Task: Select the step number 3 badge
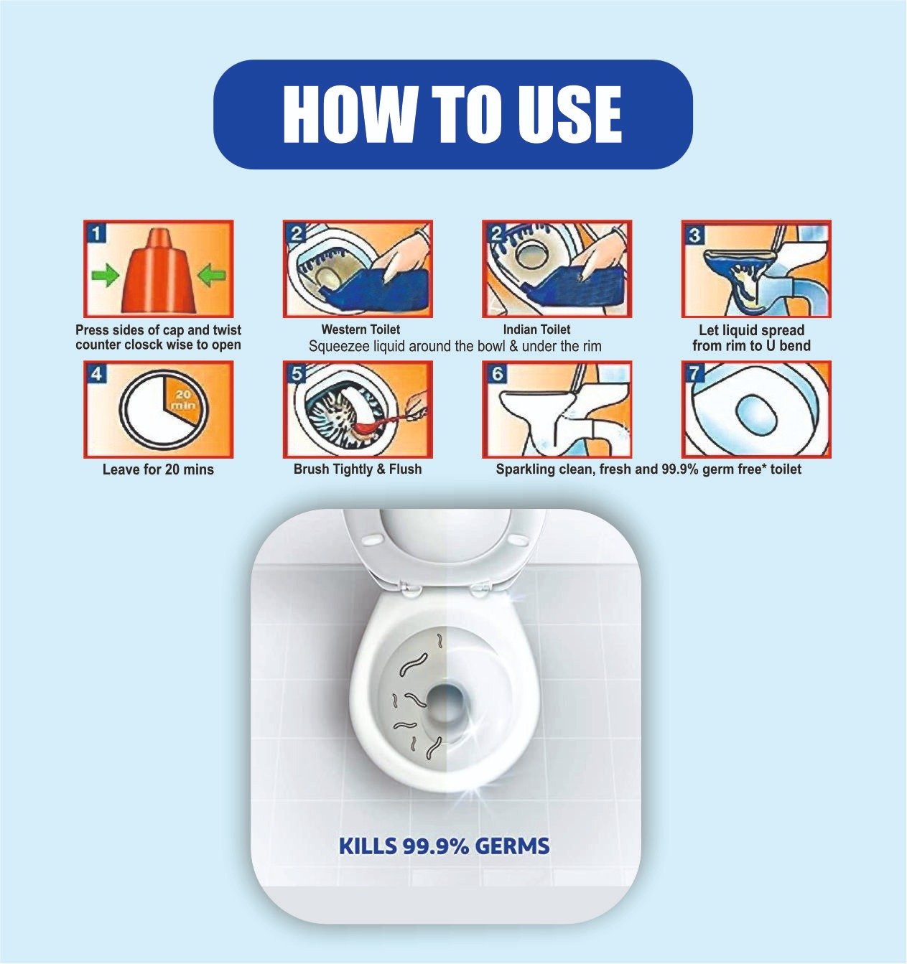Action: point(694,235)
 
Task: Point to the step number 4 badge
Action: point(97,375)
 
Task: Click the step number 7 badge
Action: point(694,374)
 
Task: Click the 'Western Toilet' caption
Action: point(361,329)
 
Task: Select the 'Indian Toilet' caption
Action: point(536,329)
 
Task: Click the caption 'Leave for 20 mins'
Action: point(158,469)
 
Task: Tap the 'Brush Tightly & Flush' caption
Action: point(358,469)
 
